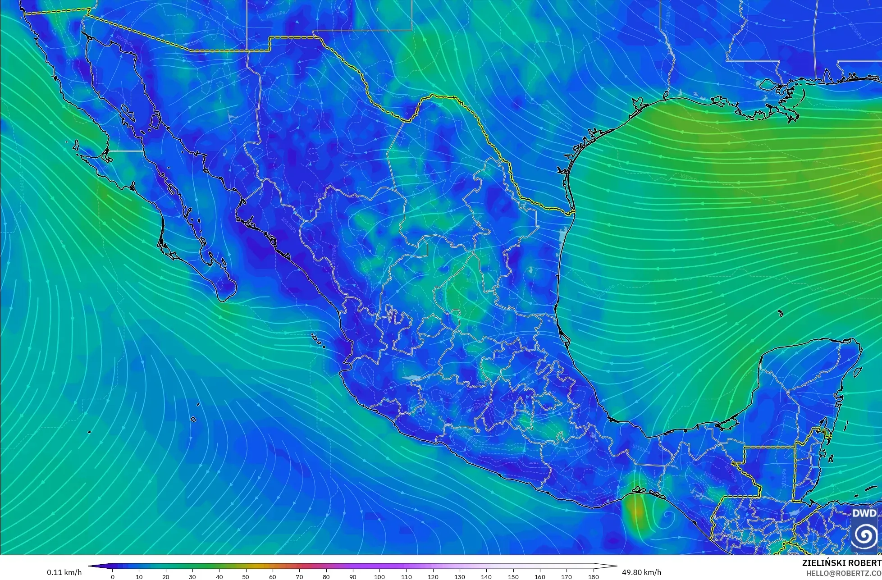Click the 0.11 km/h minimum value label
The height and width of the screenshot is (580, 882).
point(64,572)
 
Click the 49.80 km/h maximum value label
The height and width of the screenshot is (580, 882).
point(641,572)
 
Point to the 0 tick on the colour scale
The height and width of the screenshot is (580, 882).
point(113,576)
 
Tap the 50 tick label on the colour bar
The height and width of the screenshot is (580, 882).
point(246,576)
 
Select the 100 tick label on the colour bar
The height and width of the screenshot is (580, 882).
point(379,576)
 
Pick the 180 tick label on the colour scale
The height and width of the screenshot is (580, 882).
point(593,576)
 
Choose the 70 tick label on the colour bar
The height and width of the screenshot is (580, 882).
point(299,576)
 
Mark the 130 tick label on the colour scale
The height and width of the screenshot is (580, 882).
point(460,576)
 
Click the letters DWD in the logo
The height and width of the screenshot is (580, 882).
point(864,513)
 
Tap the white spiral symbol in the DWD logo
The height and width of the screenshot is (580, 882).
point(864,535)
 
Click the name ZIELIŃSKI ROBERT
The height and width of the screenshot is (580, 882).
point(841,563)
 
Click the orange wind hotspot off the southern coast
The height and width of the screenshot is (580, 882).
point(636,511)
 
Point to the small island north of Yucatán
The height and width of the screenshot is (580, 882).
point(780,313)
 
